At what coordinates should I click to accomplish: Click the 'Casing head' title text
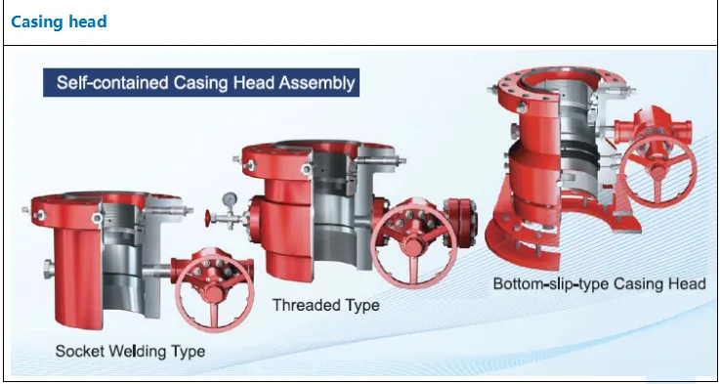pos(59,21)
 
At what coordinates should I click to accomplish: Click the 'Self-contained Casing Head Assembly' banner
pos(201,83)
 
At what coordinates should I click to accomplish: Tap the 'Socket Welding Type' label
pos(130,352)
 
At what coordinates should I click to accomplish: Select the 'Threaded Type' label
pos(326,305)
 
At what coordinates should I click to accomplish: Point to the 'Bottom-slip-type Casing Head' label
pos(599,283)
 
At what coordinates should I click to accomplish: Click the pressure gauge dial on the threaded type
pos(229,198)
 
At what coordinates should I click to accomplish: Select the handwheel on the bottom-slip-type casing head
pos(657,169)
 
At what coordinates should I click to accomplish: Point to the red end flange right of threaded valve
pos(460,223)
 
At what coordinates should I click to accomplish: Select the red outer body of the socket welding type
pos(78,276)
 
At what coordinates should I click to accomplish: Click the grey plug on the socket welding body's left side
pos(49,269)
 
